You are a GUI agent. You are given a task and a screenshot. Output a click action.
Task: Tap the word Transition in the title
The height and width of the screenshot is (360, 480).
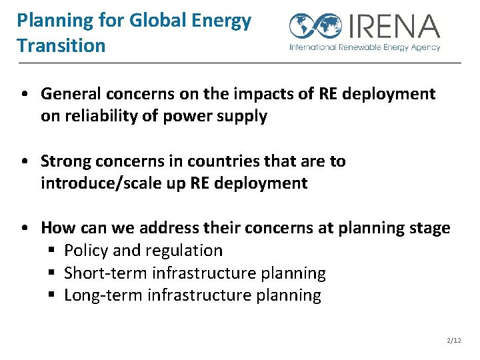[x=61, y=45]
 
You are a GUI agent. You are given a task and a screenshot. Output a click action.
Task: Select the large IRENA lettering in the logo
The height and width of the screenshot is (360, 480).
[x=393, y=26]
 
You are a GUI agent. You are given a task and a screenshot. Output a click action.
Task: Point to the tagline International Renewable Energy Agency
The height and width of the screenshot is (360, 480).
[x=365, y=47]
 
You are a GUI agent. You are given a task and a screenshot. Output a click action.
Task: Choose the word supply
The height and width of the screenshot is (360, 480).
[x=244, y=116]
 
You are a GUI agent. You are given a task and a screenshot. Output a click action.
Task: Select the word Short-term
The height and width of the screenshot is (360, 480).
[x=106, y=273]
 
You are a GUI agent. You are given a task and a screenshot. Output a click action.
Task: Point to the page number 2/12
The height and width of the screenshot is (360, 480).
[x=453, y=341]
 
